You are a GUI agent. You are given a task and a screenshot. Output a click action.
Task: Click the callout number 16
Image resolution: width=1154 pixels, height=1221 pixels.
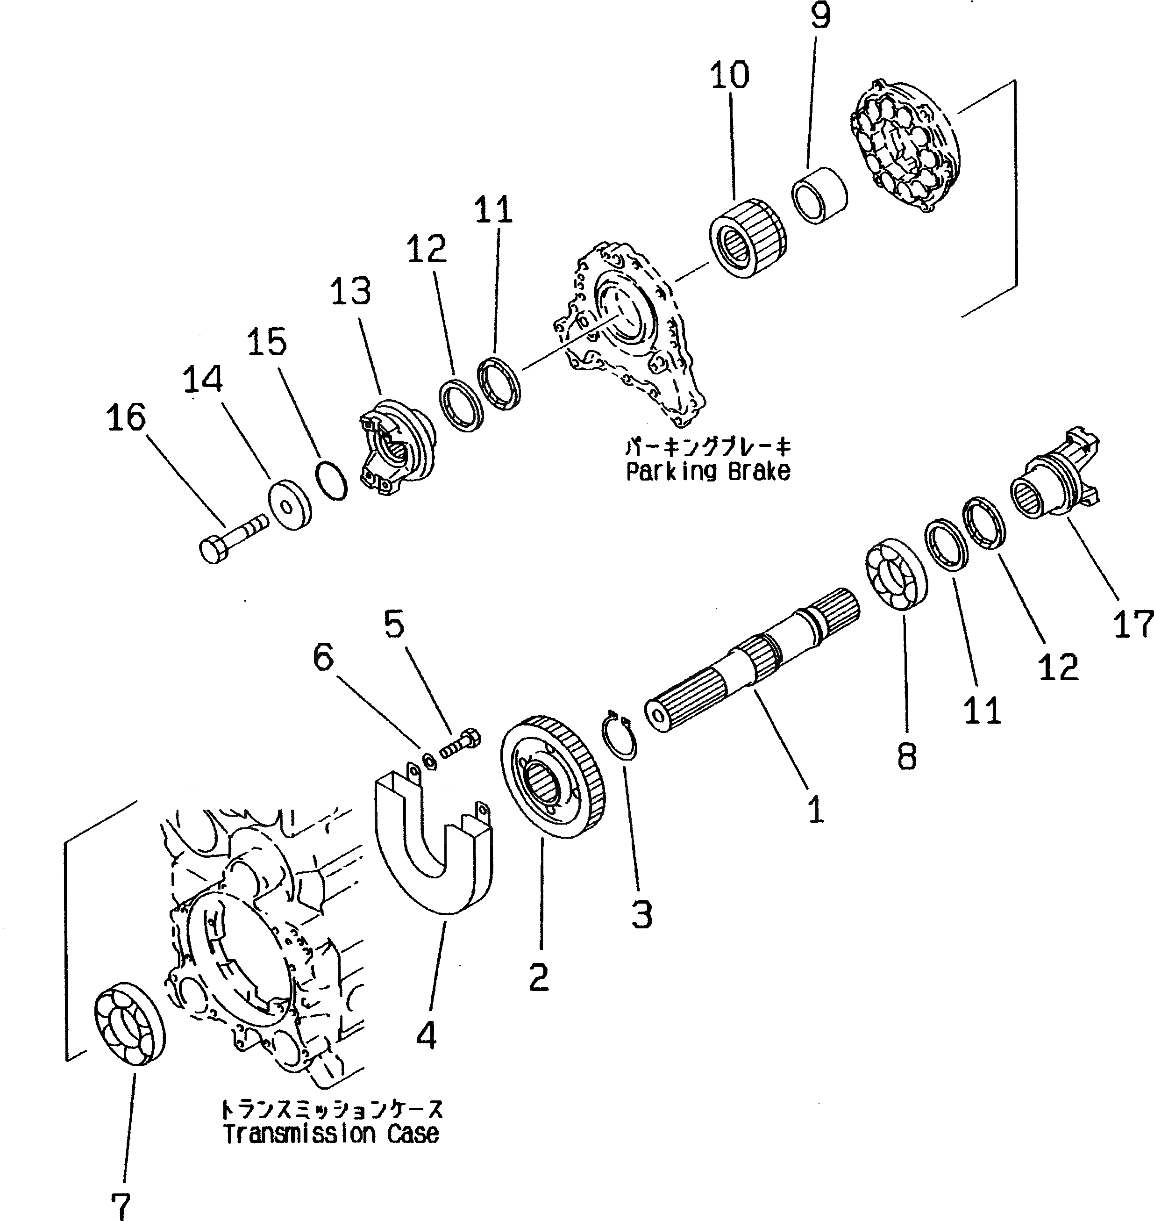click(127, 417)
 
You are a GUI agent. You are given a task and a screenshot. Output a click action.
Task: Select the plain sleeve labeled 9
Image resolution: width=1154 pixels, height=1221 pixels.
click(819, 193)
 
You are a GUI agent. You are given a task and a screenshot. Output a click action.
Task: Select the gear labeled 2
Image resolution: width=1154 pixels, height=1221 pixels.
click(554, 778)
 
